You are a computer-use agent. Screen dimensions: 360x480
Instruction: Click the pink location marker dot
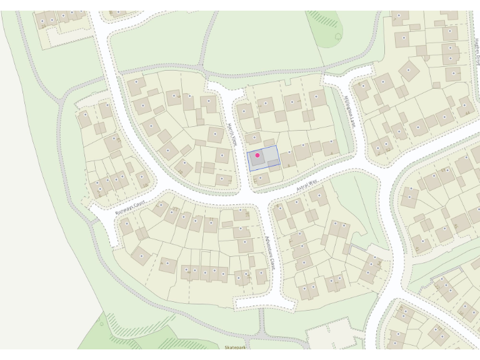257,155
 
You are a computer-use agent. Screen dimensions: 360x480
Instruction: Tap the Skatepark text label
236,346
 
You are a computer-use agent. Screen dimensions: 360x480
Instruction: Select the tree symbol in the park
338,37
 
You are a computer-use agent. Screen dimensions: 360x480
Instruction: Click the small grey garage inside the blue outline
273,163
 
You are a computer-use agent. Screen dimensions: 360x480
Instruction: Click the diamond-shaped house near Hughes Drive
410,71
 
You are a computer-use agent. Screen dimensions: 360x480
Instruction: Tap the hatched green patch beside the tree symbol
324,18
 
